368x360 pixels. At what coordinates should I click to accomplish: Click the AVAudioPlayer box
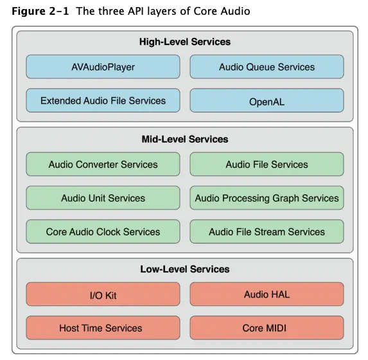click(103, 67)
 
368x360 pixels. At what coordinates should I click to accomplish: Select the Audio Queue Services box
click(267, 67)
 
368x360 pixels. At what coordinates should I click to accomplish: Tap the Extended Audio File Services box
click(103, 101)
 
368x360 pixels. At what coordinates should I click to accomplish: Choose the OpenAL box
click(267, 101)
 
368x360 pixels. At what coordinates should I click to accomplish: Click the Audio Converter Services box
click(103, 165)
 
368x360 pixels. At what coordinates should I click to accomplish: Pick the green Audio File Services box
click(267, 165)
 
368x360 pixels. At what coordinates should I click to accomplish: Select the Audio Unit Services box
click(103, 198)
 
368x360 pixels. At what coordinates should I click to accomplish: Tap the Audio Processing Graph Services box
click(267, 198)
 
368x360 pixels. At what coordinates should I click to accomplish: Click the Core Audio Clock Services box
click(103, 231)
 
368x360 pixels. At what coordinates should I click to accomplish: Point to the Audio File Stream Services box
click(267, 231)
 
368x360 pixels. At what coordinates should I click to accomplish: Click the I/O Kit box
click(103, 295)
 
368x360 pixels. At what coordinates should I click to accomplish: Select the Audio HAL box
click(267, 294)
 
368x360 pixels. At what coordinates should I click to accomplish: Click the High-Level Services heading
click(185, 42)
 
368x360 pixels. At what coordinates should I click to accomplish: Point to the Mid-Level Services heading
click(185, 139)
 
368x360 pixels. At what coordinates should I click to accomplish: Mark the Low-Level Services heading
click(185, 269)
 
